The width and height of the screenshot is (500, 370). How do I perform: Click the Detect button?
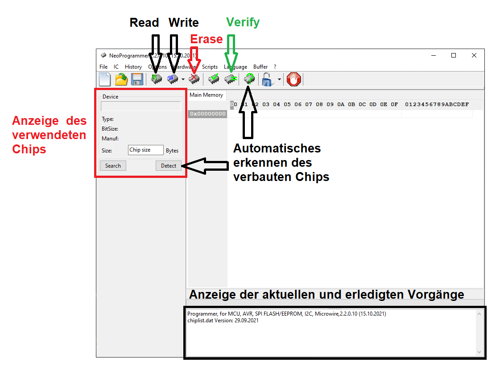pyautogui.click(x=169, y=165)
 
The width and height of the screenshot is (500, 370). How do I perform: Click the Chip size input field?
pyautogui.click(x=145, y=150)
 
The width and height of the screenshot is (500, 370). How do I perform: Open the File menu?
pyautogui.click(x=103, y=67)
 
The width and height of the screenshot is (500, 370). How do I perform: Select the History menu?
pyautogui.click(x=133, y=67)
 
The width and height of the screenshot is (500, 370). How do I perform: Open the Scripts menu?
pyautogui.click(x=210, y=67)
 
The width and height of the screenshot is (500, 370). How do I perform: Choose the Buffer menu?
pyautogui.click(x=260, y=67)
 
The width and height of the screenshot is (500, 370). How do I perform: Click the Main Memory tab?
pyautogui.click(x=206, y=95)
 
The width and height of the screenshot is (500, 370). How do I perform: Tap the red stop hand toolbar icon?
pyautogui.click(x=294, y=79)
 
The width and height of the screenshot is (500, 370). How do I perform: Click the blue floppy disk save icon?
pyautogui.click(x=137, y=79)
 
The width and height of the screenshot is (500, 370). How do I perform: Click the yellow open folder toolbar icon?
pyautogui.click(x=121, y=79)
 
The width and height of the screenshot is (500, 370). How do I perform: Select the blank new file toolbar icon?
pyautogui.click(x=105, y=79)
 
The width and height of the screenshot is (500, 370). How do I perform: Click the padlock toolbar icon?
pyautogui.click(x=267, y=79)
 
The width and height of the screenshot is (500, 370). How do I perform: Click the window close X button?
pyautogui.click(x=474, y=55)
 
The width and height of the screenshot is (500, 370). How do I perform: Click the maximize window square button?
pyautogui.click(x=454, y=55)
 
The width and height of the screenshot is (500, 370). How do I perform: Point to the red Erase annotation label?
pyautogui.click(x=206, y=39)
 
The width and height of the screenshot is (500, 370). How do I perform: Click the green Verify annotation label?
pyautogui.click(x=243, y=22)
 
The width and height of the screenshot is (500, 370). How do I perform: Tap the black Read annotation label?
pyautogui.click(x=144, y=22)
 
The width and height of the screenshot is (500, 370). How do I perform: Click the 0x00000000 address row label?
pyautogui.click(x=207, y=114)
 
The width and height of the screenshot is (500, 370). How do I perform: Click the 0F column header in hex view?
pyautogui.click(x=394, y=104)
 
